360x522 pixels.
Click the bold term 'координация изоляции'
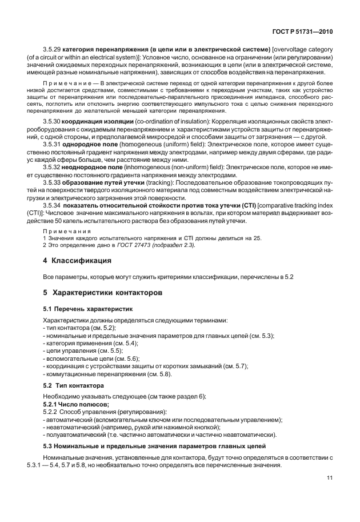click(102, 122)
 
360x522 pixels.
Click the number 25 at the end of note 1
click(258, 238)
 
